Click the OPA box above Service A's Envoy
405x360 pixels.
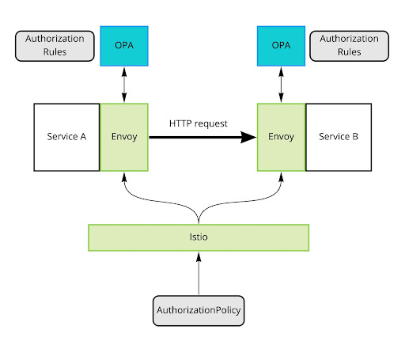coord(124,46)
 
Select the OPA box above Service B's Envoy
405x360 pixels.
coord(281,46)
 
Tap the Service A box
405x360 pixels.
coord(66,137)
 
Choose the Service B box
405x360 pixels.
coord(339,137)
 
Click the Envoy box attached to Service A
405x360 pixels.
coord(124,137)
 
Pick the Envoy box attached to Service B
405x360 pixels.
coord(281,137)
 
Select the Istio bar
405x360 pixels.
coord(199,237)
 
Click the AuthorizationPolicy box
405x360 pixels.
coord(199,311)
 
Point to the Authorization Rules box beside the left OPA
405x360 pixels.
coord(55,46)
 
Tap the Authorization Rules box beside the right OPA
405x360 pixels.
coord(349,46)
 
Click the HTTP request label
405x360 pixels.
coord(199,123)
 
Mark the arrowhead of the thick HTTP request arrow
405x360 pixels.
coord(248,137)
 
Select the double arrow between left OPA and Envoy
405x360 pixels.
coord(124,85)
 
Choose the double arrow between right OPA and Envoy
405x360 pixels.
coord(281,85)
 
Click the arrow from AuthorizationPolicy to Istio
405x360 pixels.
coord(199,273)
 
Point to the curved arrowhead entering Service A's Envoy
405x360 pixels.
coord(124,177)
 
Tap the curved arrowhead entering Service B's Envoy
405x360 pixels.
coord(281,177)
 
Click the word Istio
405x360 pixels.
coord(199,237)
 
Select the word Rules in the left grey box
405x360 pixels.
coord(55,52)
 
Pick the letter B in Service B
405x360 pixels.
coord(355,137)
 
